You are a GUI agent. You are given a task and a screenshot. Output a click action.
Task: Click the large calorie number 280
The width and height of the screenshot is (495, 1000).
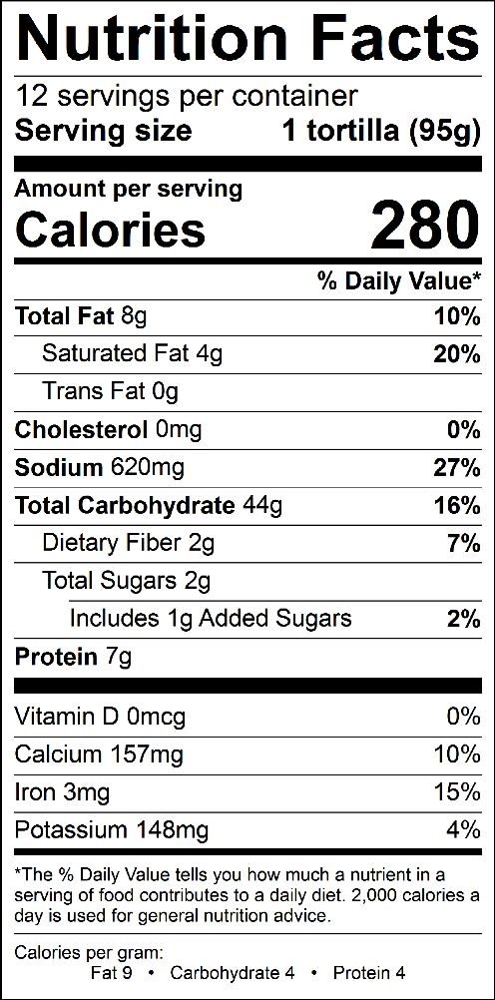424,225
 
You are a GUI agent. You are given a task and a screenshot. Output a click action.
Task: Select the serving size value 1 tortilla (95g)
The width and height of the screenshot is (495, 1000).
381,132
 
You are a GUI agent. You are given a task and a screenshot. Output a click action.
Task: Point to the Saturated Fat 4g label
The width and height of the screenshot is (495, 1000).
132,354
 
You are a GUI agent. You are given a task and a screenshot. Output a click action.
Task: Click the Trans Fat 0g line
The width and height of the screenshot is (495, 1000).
110,391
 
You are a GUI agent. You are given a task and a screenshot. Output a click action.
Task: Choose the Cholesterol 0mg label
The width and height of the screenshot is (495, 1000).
108,430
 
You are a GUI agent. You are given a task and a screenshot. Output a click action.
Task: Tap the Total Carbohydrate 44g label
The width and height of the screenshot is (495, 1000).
149,506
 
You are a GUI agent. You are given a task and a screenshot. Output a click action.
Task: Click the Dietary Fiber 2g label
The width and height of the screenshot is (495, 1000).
128,543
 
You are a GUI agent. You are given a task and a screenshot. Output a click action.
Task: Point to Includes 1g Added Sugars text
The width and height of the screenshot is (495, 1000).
211,619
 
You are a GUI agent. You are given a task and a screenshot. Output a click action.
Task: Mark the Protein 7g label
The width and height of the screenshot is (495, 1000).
74,657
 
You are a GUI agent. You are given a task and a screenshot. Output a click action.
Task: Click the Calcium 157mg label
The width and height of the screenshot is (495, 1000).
99,755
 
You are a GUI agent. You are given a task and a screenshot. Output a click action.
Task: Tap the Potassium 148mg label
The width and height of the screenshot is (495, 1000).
111,830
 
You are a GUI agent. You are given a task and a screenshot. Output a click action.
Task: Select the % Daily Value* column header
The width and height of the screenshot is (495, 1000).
399,281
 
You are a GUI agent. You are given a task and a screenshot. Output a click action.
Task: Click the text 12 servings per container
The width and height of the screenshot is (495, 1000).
186,96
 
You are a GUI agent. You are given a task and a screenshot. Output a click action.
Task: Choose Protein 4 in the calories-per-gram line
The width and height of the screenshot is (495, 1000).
369,973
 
